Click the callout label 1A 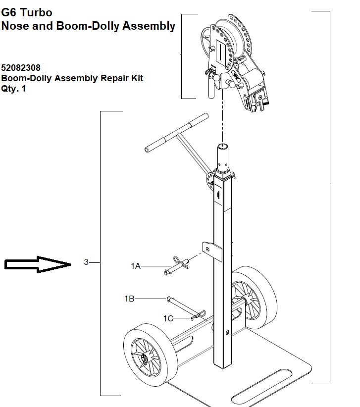coord(136,266)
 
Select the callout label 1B coord(129,299)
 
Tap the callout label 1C coord(168,318)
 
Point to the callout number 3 coord(86,262)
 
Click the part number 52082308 coord(21,67)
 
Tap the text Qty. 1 coord(13,89)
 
